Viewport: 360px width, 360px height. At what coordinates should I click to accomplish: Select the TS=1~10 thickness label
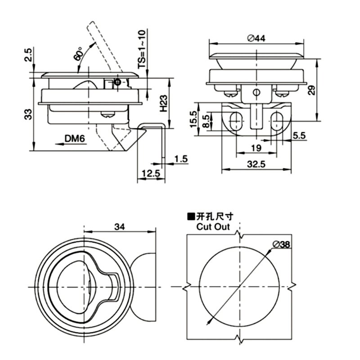[x=142, y=49]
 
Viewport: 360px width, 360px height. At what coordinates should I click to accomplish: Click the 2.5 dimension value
[x=28, y=55]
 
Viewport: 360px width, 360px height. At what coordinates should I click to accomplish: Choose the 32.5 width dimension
[x=256, y=164]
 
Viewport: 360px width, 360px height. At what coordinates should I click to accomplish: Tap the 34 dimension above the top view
[x=119, y=227]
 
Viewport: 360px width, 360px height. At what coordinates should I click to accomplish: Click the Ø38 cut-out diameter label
[x=281, y=244]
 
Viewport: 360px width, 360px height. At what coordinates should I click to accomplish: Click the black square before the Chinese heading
[x=192, y=217]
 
